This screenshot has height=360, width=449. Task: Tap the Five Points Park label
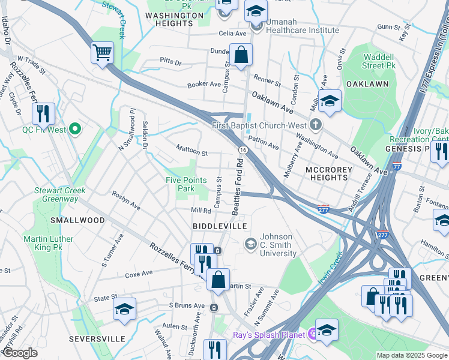186,184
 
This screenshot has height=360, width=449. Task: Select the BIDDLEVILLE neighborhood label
219,226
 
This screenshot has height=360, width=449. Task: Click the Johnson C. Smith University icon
251,244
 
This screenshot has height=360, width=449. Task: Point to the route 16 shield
242,149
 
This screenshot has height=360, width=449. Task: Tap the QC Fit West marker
75,128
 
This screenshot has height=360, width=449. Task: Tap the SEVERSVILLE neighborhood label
97,339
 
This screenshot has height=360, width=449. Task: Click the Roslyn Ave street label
126,200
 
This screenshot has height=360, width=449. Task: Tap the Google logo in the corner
20,353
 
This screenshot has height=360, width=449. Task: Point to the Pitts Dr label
170,61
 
